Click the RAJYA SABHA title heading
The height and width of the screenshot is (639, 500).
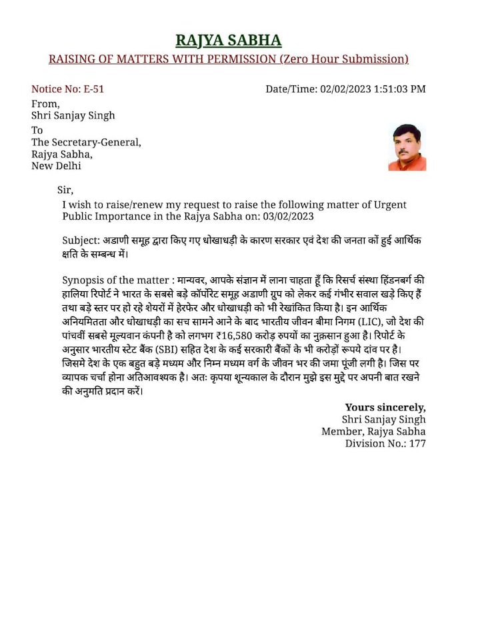tap(228, 40)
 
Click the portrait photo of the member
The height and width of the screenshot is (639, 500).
tap(407, 147)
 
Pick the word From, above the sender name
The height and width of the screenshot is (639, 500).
tap(46, 103)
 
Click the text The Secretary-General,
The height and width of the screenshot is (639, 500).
tap(87, 142)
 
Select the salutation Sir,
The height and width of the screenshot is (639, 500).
tap(65, 191)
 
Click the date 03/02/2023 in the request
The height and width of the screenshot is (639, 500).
tap(287, 217)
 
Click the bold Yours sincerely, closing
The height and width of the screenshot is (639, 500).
tap(385, 406)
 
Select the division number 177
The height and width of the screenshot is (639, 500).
tap(418, 443)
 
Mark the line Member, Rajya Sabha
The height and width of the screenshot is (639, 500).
tap(373, 431)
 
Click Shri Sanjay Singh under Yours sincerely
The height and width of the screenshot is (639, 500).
tap(383, 419)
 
